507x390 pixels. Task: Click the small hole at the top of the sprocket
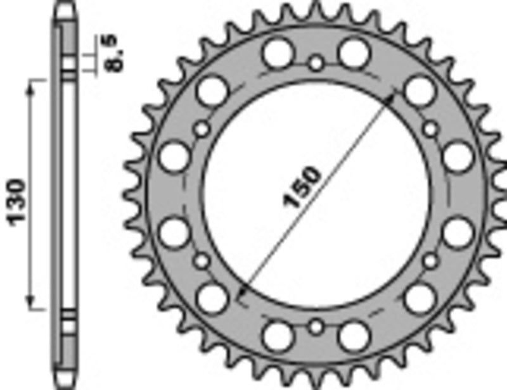tap(316, 63)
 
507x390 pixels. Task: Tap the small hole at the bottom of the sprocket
tap(316, 327)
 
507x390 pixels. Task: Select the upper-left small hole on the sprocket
tap(202, 130)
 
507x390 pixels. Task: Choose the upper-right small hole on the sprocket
tap(430, 130)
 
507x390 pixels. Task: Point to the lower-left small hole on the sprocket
tap(202, 260)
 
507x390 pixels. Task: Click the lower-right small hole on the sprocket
tap(430, 260)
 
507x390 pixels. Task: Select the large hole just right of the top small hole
tap(354, 53)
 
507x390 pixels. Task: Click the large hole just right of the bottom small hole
tap(354, 336)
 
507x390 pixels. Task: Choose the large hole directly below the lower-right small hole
tap(420, 298)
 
